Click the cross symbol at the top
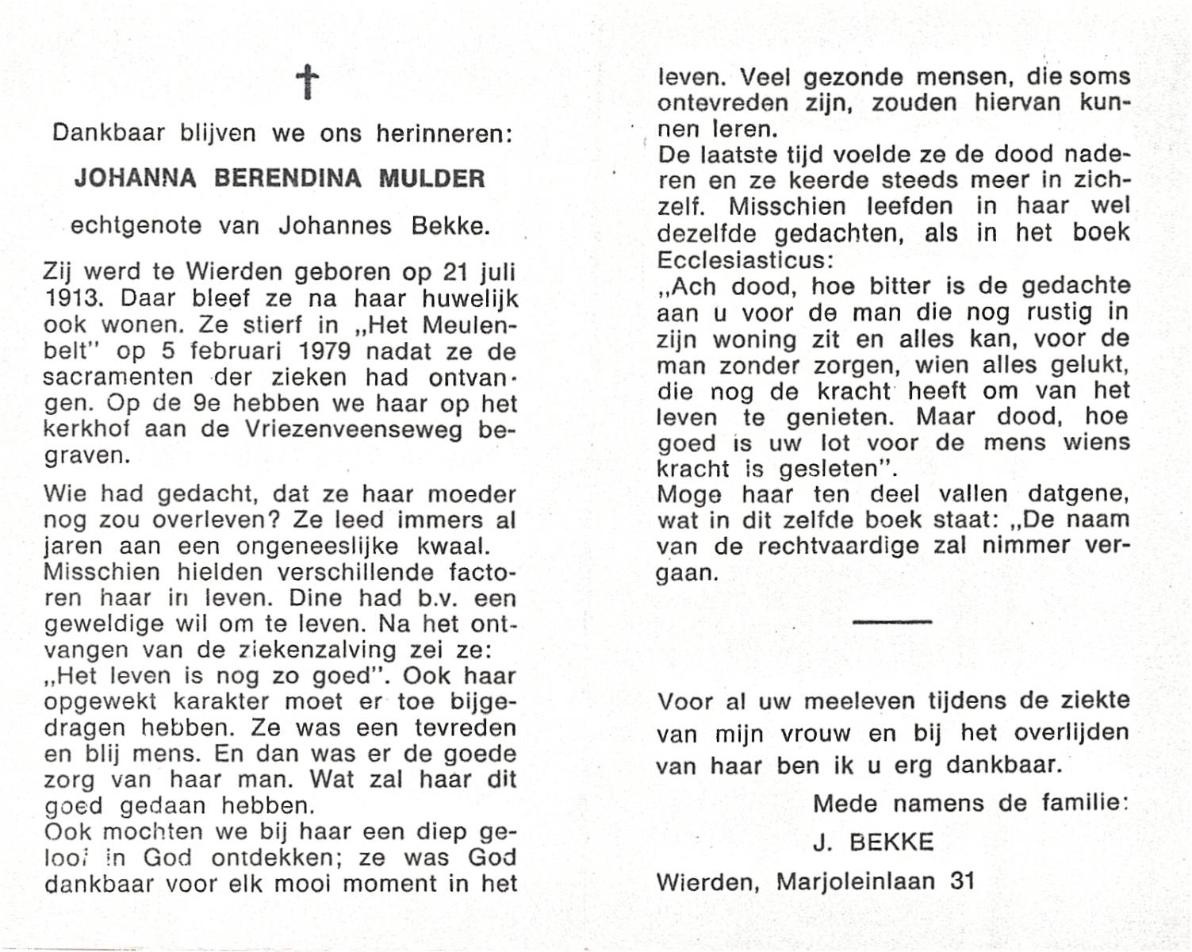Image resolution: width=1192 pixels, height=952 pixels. pyautogui.click(x=307, y=83)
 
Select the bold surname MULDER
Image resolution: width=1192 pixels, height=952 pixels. pyautogui.click(x=431, y=178)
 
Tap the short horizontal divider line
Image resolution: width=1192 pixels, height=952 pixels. pyautogui.click(x=892, y=621)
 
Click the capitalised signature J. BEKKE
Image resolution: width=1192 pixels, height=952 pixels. pyautogui.click(x=873, y=842)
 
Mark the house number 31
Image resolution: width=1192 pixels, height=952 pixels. pyautogui.click(x=963, y=881)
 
